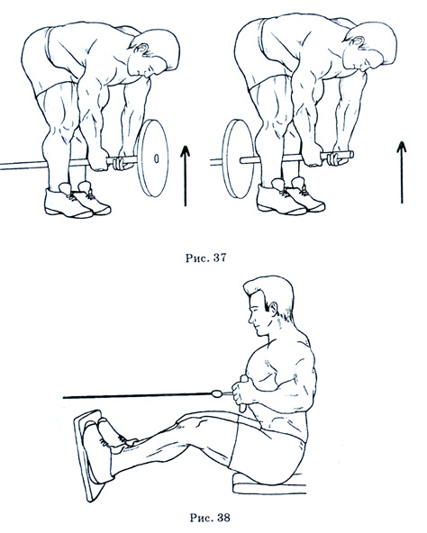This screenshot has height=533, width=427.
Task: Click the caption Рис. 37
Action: click(206, 257)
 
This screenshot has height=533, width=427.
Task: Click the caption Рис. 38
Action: click(210, 518)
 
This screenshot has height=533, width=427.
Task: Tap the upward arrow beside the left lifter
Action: click(185, 176)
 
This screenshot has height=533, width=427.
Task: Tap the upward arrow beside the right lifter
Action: click(402, 172)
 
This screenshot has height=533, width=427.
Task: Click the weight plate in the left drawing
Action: click(153, 158)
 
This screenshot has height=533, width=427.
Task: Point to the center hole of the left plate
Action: click(156, 158)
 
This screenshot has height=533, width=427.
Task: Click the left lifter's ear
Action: click(141, 49)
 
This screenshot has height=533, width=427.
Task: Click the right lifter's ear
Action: click(359, 41)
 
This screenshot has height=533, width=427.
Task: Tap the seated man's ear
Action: click(273, 309)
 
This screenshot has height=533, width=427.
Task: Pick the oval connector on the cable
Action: click(215, 394)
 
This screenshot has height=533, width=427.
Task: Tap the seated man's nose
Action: click(250, 320)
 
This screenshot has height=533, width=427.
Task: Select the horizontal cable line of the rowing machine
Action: click(137, 395)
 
